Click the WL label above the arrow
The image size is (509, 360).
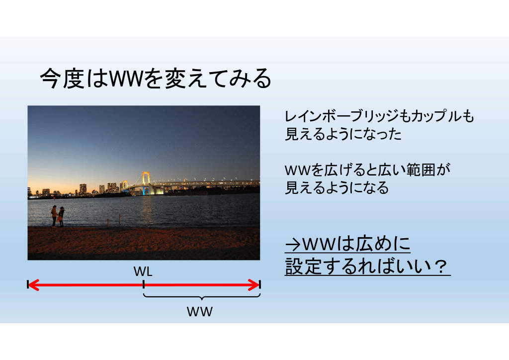pos(143,271)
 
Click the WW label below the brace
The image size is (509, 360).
pos(200,312)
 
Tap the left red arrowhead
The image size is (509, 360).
pos(33,285)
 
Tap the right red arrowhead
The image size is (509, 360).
pos(254,285)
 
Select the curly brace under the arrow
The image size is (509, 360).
pos(202,296)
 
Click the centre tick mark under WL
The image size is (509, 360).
pos(144,285)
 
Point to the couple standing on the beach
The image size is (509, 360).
pos(58,216)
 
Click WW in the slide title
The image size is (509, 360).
pos(126,79)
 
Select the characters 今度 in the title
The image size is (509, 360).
pos(62,79)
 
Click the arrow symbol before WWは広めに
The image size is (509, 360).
pos(293,245)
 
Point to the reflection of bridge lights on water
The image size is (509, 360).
pos(147,209)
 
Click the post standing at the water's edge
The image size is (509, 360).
pos(120,220)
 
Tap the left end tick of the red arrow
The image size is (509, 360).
pos(28,285)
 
